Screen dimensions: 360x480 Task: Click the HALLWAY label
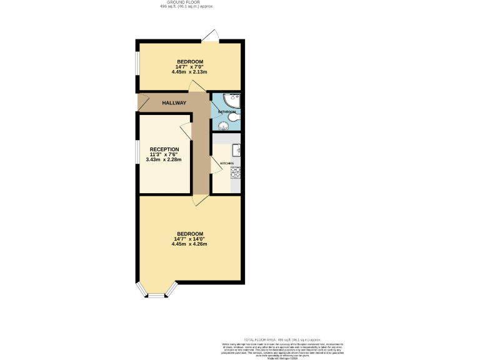coord(174,102)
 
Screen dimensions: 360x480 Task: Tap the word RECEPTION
coord(164,149)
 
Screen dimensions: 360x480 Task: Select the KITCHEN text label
coord(226,164)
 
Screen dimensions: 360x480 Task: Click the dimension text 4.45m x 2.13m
coord(189,72)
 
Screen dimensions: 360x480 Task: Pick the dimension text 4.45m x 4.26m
coord(189,244)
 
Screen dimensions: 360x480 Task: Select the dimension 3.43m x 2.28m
coord(164,159)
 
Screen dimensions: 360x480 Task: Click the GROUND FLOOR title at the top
coord(187,2)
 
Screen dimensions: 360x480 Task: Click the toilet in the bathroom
coord(234,117)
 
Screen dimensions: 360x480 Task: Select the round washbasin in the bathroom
coord(219,124)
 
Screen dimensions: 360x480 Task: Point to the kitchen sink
coord(237,150)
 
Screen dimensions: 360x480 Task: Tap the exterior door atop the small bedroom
coord(211,36)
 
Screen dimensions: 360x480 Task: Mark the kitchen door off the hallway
coord(216,165)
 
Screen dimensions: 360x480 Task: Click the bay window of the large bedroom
coord(156,291)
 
